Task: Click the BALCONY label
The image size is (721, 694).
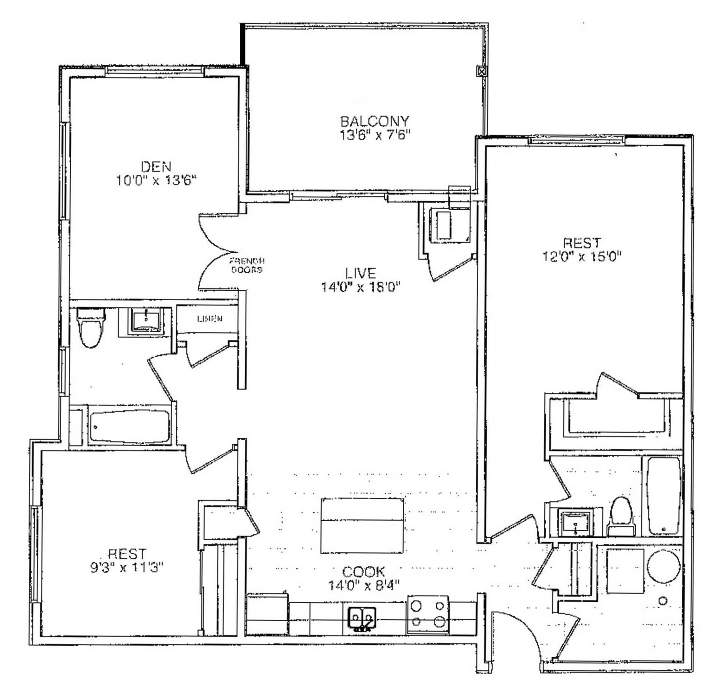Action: coord(374,121)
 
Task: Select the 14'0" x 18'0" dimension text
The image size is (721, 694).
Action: coord(361,287)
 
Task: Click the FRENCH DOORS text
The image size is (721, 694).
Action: coord(247,266)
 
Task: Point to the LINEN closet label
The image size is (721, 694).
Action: coord(210,319)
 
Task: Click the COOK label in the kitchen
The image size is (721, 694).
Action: coord(364,572)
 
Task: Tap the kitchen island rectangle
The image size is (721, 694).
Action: coord(362,525)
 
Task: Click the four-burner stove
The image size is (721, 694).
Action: coord(428,615)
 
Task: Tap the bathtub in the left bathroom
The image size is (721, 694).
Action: coord(130,426)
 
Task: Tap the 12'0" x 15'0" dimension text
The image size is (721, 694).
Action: coord(582,256)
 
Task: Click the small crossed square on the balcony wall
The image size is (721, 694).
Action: coord(482,71)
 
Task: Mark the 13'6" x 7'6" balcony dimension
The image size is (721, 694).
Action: coord(374,135)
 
